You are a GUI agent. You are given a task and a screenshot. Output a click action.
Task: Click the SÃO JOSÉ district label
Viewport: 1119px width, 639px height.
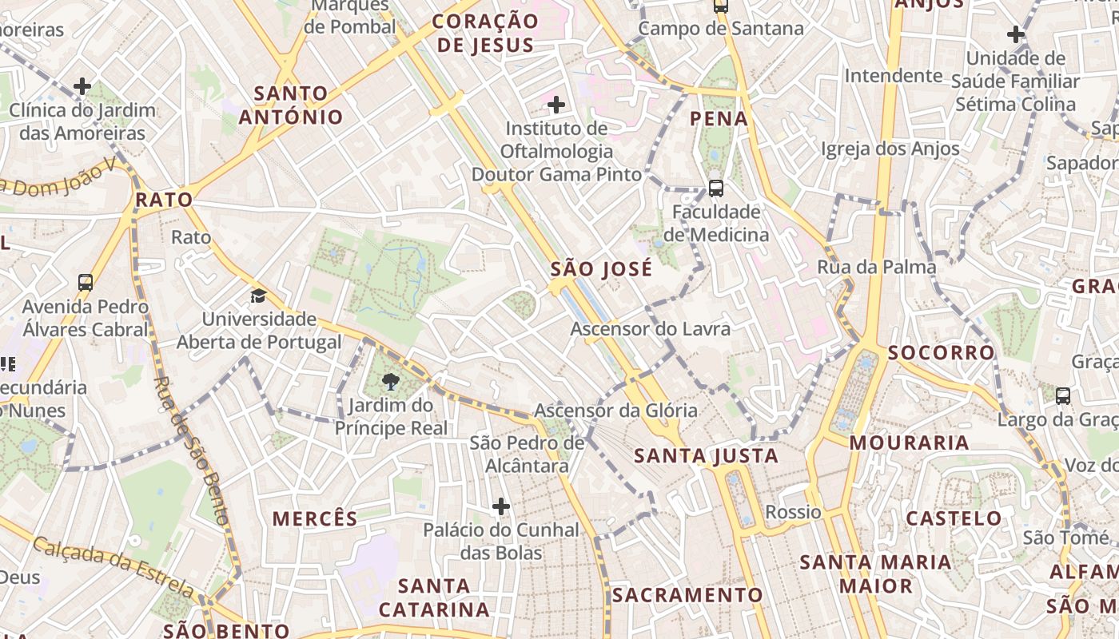click(x=601, y=269)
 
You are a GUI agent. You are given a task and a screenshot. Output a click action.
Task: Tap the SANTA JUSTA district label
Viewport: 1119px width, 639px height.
click(x=706, y=456)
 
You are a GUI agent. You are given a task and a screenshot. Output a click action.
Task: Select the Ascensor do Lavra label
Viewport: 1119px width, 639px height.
click(x=650, y=329)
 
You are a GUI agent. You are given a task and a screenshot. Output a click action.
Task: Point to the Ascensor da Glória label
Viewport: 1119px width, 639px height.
click(x=615, y=411)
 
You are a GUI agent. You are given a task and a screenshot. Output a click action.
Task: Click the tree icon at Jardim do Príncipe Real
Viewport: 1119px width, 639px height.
click(x=391, y=381)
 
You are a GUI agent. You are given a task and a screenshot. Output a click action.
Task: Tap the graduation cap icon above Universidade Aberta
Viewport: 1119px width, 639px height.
click(x=257, y=296)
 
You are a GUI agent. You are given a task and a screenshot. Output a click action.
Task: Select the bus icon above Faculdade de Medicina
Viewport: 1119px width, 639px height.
click(x=716, y=189)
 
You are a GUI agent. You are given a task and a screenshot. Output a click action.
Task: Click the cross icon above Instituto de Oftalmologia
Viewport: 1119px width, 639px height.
click(x=556, y=105)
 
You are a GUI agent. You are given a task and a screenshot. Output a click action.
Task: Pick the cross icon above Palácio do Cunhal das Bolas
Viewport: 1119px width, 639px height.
click(x=501, y=506)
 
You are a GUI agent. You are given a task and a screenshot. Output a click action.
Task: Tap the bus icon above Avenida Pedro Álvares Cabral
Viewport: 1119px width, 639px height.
click(x=86, y=282)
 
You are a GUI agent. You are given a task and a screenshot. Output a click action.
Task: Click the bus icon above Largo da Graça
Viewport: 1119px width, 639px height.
click(x=1063, y=395)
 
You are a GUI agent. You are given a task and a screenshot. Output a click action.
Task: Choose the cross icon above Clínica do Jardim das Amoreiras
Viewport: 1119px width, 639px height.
click(x=82, y=86)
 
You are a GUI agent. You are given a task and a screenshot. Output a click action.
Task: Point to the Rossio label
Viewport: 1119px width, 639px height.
click(x=793, y=512)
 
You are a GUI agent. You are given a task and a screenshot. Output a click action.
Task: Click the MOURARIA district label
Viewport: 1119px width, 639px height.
click(x=909, y=443)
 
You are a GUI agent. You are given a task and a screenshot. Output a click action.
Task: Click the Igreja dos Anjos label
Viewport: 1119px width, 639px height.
click(x=890, y=149)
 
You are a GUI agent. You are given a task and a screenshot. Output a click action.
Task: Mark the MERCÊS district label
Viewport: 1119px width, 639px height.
click(x=315, y=518)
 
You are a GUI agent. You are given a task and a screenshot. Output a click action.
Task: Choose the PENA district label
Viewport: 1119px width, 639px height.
click(x=719, y=119)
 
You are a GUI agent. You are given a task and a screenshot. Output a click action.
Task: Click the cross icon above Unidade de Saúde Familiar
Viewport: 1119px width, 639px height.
click(x=1016, y=34)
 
